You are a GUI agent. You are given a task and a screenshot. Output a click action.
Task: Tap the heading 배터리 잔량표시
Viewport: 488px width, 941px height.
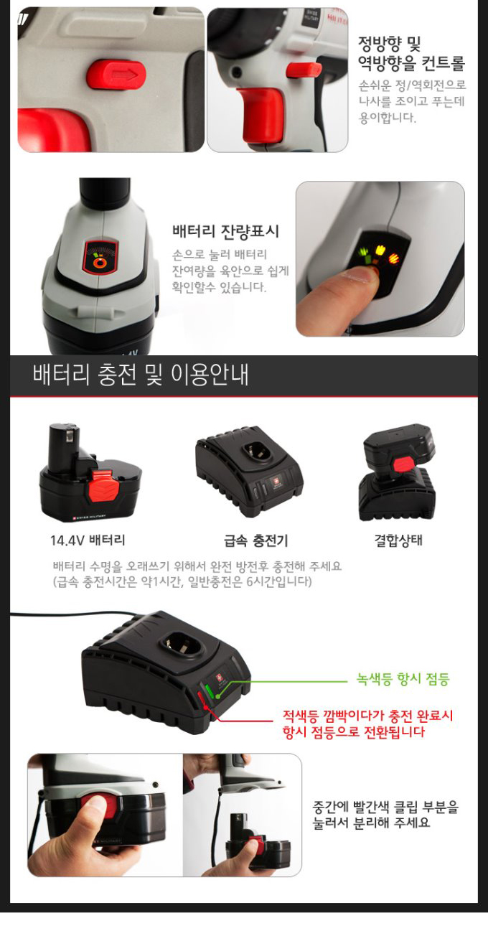[x=225, y=231]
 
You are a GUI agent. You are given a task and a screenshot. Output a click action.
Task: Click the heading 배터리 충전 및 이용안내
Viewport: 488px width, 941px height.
[x=141, y=374]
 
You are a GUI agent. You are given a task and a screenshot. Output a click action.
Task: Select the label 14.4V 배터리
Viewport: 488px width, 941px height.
[x=88, y=540]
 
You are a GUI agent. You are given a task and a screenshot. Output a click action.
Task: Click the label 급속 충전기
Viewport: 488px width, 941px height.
[x=255, y=540]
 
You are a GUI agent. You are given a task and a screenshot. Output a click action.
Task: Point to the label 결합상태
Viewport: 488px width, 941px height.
[x=398, y=540]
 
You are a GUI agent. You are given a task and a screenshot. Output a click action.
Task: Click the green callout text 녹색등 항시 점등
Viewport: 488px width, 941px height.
[x=403, y=678]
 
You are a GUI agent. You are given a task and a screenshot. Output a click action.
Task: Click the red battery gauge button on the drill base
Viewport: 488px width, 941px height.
[x=100, y=258]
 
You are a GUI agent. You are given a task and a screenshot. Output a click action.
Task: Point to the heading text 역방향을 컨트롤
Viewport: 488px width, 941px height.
[x=411, y=63]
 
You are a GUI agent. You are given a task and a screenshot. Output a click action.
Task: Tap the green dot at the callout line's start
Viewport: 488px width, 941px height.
[x=217, y=696]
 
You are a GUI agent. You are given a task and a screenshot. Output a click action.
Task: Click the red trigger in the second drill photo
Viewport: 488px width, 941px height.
[x=262, y=114]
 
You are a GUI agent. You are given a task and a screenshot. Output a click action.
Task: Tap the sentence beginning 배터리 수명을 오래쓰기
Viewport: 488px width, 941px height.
[x=197, y=566]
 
